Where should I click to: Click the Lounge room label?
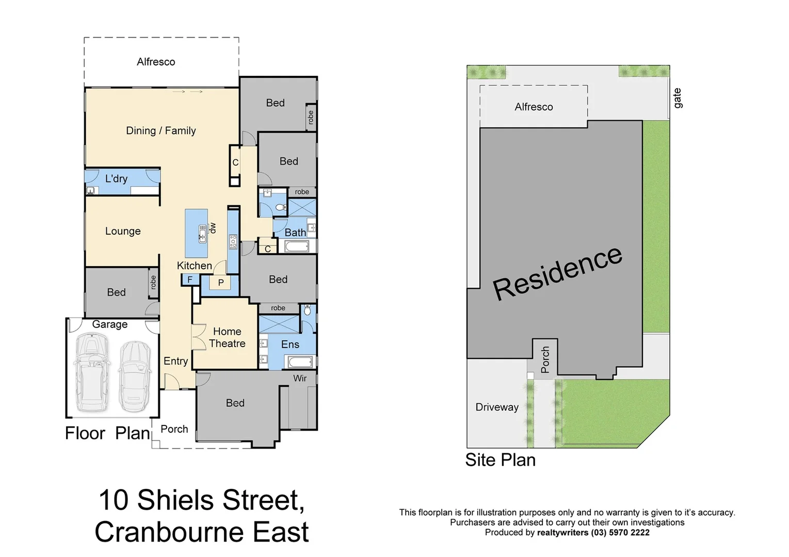coord(123,231)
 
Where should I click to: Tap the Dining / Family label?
coord(160,130)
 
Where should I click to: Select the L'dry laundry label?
coord(116,178)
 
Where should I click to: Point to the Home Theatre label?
coord(227,337)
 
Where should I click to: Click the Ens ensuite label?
coord(290,345)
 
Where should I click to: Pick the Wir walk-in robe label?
coord(300,378)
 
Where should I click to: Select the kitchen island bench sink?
coord(202,235)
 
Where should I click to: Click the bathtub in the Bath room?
coord(297,247)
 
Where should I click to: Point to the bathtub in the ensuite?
coord(297,362)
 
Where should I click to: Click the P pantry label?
coord(221,283)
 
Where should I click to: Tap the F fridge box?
coord(189,280)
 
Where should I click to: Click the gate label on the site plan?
coord(677,98)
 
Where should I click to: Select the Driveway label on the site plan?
coord(496,407)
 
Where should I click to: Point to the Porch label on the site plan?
coord(545,359)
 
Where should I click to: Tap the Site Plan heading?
coord(500,460)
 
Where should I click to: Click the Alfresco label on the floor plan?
coord(156,62)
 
